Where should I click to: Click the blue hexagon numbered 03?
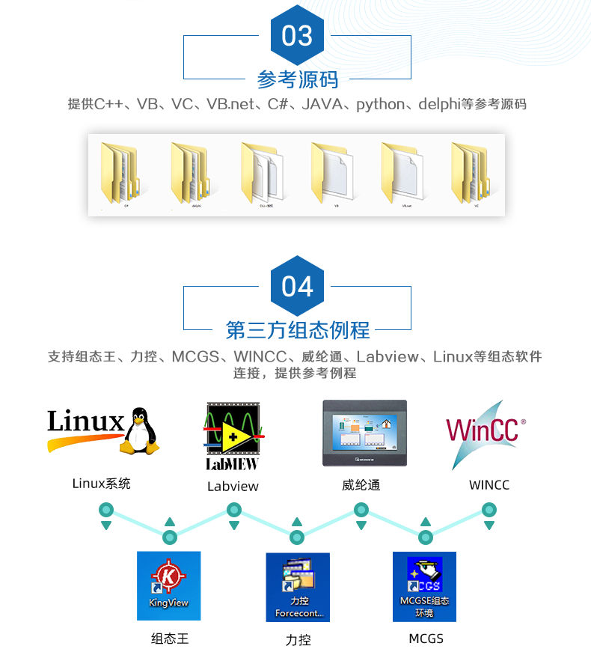pos(297,35)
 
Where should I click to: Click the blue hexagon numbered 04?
pos(297,286)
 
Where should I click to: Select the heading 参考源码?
pos(297,79)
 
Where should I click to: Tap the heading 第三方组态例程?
pos(297,329)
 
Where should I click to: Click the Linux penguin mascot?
pos(141,430)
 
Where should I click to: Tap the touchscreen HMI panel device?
pos(364,433)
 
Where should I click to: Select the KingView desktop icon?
pos(168,585)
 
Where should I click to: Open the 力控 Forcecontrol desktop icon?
pos(298,587)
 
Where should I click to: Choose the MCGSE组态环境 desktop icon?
pos(424,587)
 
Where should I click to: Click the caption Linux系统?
pos(101,484)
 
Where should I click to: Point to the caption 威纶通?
pos(361,485)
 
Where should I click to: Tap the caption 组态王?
pos(170,639)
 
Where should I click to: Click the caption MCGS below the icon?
pos(426,639)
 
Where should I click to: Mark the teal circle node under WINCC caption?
pos(489,510)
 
